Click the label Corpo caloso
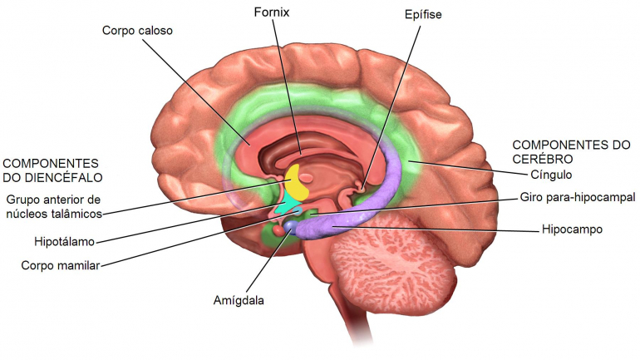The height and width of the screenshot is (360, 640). click(137, 31)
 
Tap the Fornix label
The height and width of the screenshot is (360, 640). click(272, 12)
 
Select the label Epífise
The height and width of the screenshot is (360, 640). click(423, 15)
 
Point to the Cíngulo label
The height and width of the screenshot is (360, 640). click(551, 175)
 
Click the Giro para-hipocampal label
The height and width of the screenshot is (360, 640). click(578, 198)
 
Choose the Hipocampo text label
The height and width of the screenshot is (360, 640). click(572, 229)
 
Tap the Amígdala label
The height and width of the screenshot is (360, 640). click(239, 301)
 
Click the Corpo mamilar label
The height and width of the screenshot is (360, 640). click(61, 266)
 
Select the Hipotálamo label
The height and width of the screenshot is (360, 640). click(65, 242)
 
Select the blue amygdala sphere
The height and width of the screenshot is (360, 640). click(291, 225)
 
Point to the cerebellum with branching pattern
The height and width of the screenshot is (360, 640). click(391, 261)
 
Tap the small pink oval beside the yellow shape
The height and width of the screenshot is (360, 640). click(307, 178)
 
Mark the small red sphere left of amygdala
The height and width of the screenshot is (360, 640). click(278, 230)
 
